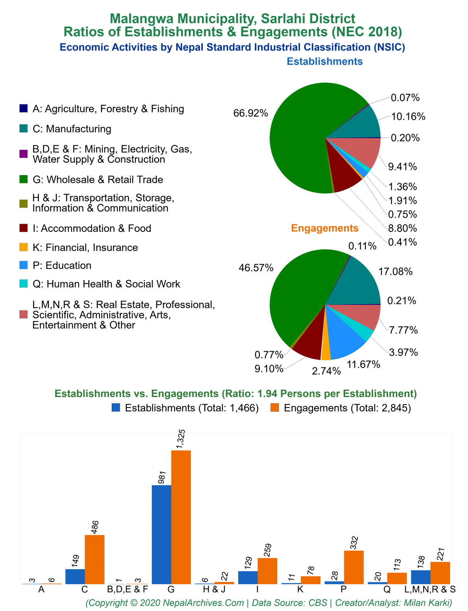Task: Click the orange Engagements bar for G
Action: click(181, 517)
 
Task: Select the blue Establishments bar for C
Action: click(75, 576)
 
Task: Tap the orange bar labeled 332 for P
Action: click(353, 567)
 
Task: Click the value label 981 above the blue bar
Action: click(162, 477)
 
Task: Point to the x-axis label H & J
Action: click(214, 590)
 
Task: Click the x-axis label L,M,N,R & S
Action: click(430, 590)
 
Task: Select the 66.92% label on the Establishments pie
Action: click(251, 113)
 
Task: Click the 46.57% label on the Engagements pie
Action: click(256, 268)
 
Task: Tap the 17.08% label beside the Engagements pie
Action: click(395, 272)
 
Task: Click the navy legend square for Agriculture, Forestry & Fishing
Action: click(24, 109)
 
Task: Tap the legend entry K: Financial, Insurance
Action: click(85, 247)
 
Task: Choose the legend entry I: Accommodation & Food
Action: click(91, 228)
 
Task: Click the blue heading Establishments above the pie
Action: click(324, 62)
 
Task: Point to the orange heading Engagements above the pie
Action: click(324, 228)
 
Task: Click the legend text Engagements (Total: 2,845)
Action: click(347, 408)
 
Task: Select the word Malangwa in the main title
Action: click(141, 19)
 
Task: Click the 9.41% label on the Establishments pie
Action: click(402, 167)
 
